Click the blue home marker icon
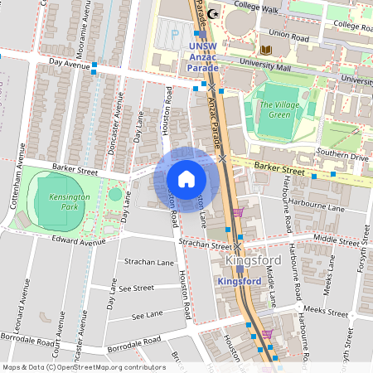tap(186, 179)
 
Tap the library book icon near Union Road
tap(266, 51)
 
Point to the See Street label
tap(136, 288)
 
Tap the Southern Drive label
tap(340, 155)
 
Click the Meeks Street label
tap(325, 312)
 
